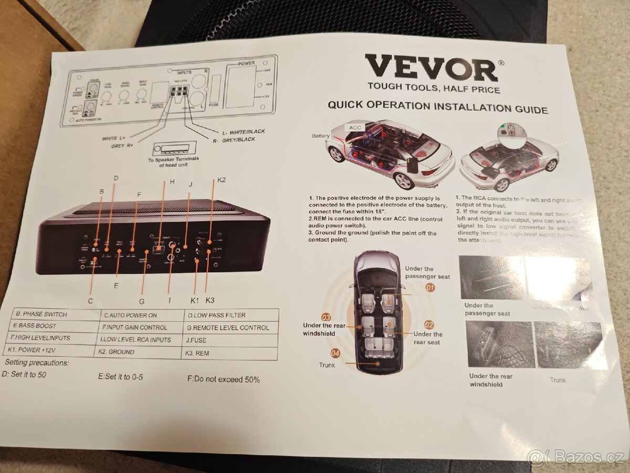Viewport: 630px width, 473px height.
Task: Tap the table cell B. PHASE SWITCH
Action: pyautogui.click(x=41, y=314)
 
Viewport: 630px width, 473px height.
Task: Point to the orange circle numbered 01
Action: pyautogui.click(x=430, y=287)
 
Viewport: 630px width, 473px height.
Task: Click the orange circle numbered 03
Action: pyautogui.click(x=326, y=317)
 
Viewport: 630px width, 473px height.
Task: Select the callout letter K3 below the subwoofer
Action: pyautogui.click(x=211, y=300)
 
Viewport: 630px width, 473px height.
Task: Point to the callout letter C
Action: pyautogui.click(x=90, y=301)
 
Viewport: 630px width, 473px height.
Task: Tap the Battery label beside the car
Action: pyautogui.click(x=321, y=136)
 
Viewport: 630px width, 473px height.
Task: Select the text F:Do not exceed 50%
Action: pyautogui.click(x=223, y=379)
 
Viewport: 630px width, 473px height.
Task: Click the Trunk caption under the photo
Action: pyautogui.click(x=558, y=379)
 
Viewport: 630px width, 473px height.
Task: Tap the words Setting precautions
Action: pyautogui.click(x=37, y=363)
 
